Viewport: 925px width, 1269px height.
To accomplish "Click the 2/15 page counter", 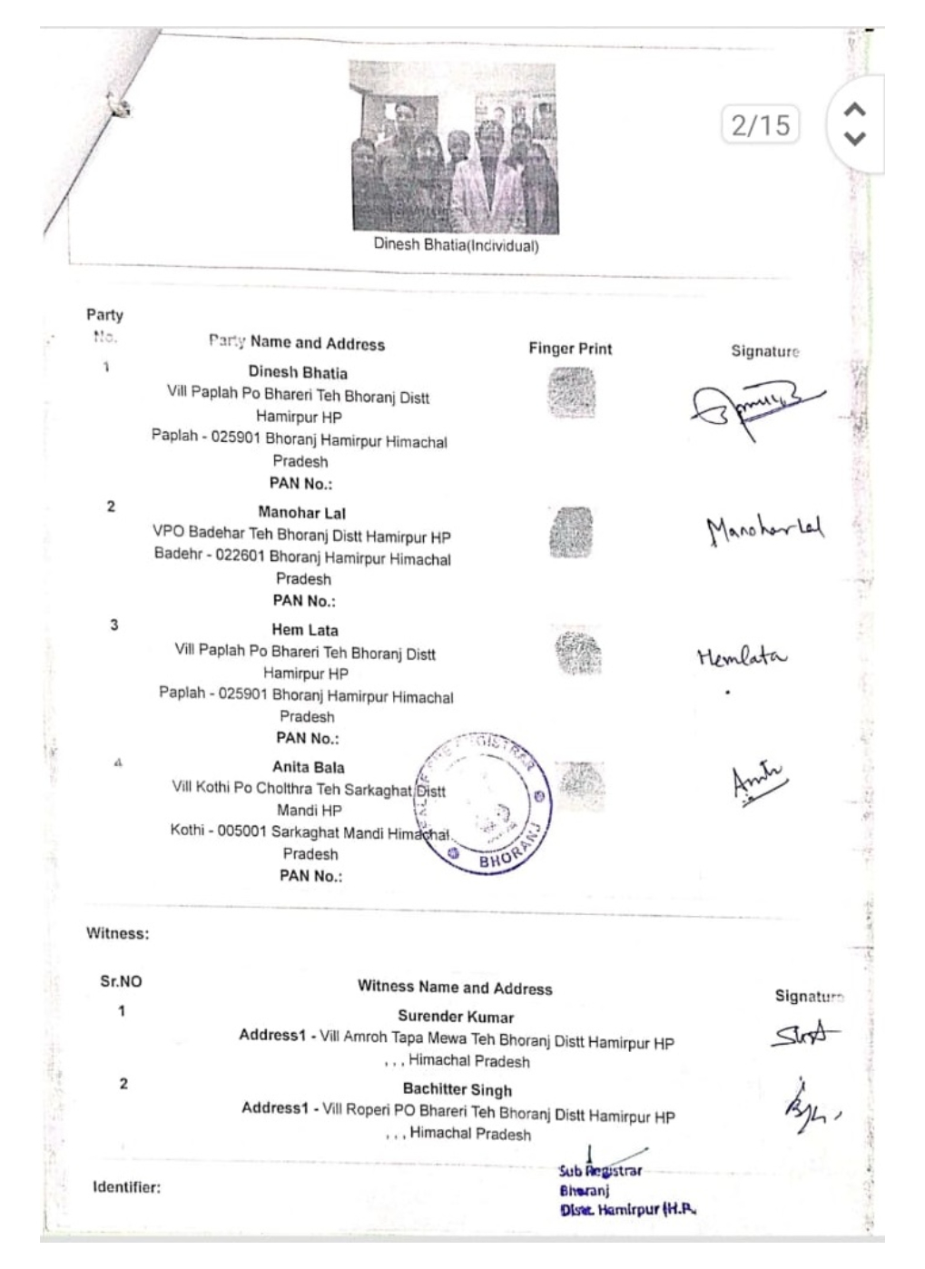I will (x=761, y=124).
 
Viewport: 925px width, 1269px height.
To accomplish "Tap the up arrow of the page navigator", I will (x=854, y=110).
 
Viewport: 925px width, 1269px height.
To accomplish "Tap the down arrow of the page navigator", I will (x=854, y=139).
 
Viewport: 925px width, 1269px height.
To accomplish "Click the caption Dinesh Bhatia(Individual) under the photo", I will (x=456, y=245).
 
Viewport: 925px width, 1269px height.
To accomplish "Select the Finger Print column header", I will (x=570, y=349).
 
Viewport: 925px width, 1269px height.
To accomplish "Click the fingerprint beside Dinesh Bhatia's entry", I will (x=572, y=393).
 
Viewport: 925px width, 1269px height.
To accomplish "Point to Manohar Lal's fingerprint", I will (x=571, y=532).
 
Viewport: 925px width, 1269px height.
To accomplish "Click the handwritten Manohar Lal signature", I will (x=764, y=527).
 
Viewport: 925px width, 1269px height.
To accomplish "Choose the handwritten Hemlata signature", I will (x=742, y=655).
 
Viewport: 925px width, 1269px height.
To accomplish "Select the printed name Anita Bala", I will (x=309, y=767).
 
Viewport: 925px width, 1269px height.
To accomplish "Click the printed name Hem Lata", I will (x=305, y=629).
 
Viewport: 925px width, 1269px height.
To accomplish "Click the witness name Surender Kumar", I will (x=456, y=1017).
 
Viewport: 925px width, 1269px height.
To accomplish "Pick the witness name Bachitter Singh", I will (x=458, y=1089).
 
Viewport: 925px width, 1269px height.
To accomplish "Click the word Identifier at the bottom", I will (x=126, y=1186).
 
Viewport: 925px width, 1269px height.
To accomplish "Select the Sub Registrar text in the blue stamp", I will (x=601, y=1171).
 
